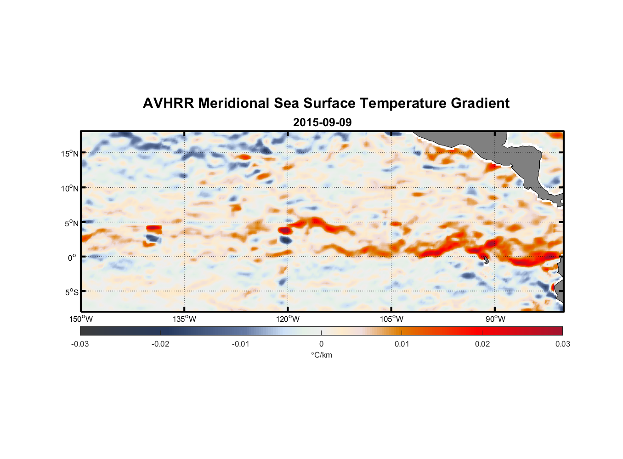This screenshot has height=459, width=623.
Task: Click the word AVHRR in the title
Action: tap(168, 103)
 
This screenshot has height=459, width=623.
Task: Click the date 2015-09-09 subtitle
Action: tap(322, 123)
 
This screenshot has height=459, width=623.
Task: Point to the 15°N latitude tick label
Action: tap(70, 153)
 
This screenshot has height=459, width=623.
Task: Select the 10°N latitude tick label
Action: tap(70, 188)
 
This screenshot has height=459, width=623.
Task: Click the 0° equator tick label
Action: tap(73, 257)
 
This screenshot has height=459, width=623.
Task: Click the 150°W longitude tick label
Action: tap(81, 319)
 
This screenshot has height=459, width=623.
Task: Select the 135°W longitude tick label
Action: tap(184, 319)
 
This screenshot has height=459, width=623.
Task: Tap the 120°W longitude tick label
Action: tap(288, 319)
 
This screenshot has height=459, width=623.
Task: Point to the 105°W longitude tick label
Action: tap(391, 319)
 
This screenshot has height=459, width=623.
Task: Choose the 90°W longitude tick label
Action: tap(495, 319)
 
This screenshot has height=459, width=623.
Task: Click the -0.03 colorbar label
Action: tap(80, 344)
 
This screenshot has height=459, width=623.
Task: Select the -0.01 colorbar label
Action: tap(241, 344)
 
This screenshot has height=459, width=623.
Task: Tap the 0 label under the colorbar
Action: tap(321, 344)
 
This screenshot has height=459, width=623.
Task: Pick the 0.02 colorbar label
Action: tap(482, 344)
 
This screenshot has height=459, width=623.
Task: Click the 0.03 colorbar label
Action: tap(562, 344)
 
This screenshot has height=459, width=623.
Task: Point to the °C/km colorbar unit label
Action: tap(321, 355)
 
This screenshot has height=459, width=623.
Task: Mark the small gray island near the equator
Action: tap(486, 260)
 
